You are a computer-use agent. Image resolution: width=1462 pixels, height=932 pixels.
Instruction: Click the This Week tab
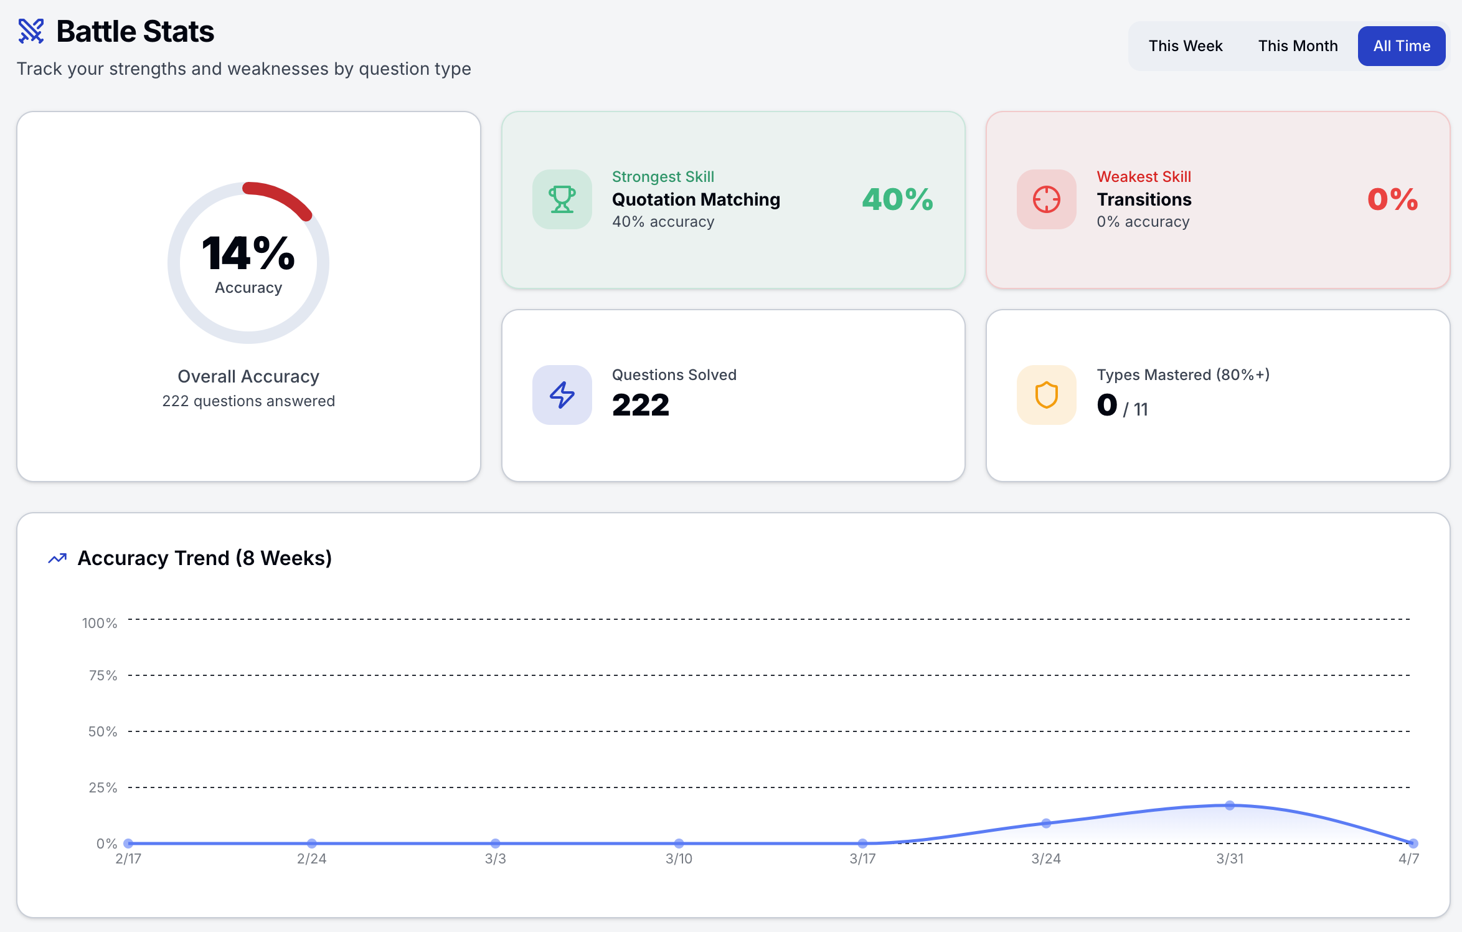coord(1185,46)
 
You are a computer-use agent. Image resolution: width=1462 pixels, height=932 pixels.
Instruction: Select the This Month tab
coord(1298,46)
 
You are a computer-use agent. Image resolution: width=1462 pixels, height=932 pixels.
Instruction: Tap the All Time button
coord(1401,46)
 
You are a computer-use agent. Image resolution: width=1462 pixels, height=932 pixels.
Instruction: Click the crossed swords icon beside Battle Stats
coord(31,31)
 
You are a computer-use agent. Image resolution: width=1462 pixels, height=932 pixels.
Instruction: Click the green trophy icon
coord(562,199)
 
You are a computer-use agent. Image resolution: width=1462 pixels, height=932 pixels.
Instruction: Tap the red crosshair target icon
coord(1046,199)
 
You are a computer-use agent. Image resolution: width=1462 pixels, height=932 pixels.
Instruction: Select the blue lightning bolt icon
coord(562,395)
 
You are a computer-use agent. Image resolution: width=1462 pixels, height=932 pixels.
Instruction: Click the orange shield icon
coord(1046,395)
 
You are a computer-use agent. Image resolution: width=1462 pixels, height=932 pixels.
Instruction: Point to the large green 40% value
coord(897,199)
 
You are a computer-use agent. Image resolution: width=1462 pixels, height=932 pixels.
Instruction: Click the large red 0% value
coord(1392,199)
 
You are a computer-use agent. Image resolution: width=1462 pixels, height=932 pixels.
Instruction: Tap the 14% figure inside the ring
coord(248,254)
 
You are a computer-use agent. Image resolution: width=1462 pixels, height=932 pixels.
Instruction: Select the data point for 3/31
coord(1230,806)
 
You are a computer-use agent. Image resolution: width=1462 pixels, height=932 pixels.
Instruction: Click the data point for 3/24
coord(1046,823)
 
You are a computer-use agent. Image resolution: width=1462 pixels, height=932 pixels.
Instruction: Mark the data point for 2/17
coord(128,843)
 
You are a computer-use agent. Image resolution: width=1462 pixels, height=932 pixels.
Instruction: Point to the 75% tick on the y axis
coord(103,675)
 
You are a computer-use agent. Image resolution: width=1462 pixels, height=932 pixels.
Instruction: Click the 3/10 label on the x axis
coord(679,858)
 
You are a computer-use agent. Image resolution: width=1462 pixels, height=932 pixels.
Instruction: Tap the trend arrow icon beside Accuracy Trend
coord(57,558)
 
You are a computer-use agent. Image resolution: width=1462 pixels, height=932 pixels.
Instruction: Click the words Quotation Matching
coord(696,199)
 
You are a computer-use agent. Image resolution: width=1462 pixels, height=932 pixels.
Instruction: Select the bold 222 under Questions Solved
coord(640,405)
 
